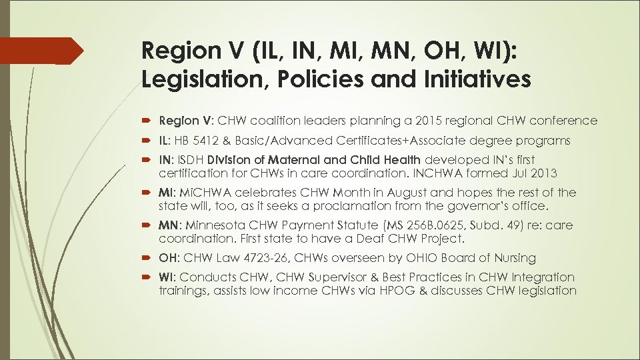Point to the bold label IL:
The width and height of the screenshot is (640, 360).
166,140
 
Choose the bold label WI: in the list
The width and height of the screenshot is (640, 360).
168,277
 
